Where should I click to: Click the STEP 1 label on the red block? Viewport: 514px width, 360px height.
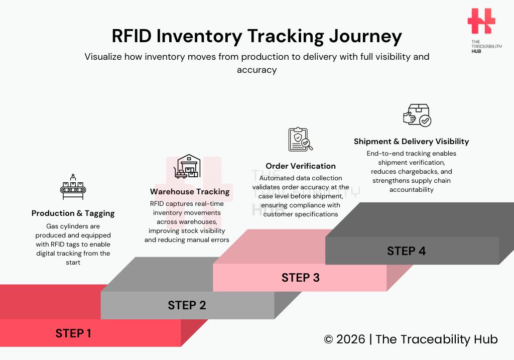pos(73,333)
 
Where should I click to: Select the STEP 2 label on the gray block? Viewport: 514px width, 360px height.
pos(187,305)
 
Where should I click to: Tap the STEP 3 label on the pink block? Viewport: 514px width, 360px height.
pos(300,277)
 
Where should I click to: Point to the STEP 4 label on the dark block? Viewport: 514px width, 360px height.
pos(406,251)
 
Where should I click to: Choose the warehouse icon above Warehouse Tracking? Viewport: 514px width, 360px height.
pos(186,166)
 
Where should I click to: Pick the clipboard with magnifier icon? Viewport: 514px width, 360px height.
pos(300,140)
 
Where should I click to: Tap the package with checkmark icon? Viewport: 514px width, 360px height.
pos(417,115)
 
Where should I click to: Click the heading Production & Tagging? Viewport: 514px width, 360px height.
pos(73,213)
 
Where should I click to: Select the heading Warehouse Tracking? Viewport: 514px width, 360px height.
pos(189,192)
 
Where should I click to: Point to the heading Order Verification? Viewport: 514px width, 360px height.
pos(300,166)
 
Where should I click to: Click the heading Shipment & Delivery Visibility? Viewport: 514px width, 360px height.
pos(411,142)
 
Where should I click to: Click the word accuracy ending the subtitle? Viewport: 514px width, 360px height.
pos(256,70)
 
